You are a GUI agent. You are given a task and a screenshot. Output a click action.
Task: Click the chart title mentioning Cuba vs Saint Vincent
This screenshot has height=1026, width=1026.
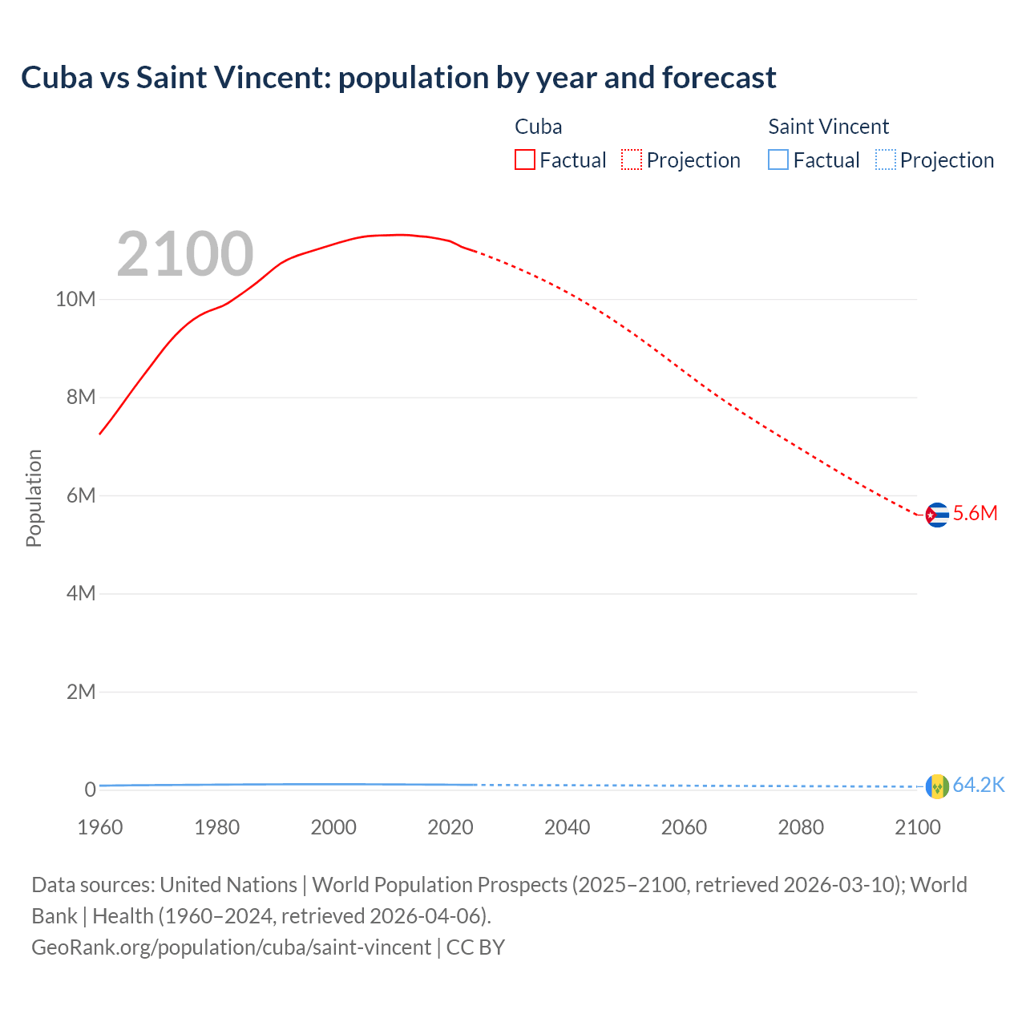coord(398,78)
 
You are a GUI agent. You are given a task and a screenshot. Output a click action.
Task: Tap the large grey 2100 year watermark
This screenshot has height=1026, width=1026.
coord(185,254)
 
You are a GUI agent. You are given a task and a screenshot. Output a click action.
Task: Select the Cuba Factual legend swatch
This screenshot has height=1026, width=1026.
coord(524,160)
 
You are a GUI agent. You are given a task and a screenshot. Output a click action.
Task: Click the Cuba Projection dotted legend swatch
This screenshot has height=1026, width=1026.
coord(632,160)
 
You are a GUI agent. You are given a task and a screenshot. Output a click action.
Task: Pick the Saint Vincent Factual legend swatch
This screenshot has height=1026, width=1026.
coord(778,160)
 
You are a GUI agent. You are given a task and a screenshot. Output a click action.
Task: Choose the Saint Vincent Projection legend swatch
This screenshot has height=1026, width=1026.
coord(885,160)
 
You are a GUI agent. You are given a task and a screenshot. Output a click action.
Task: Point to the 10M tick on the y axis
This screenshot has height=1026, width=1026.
coord(75,299)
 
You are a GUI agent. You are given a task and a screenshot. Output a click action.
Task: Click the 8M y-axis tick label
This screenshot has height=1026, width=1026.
coord(80,398)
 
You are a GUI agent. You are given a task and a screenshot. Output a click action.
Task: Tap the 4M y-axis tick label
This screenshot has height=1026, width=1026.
coord(80,593)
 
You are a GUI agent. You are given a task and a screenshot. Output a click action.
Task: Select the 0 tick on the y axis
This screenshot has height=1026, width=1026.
coord(90,790)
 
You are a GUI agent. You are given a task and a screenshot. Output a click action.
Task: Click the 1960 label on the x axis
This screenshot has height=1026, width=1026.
coord(100,827)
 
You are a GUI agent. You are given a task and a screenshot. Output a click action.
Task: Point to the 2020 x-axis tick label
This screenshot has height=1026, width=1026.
coord(450,827)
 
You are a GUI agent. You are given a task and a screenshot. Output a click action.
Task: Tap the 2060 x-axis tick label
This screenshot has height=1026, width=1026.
coord(684,827)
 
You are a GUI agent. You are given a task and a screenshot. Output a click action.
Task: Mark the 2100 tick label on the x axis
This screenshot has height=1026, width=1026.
coord(917,827)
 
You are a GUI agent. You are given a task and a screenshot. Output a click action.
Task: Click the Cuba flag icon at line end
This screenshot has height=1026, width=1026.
coord(936,515)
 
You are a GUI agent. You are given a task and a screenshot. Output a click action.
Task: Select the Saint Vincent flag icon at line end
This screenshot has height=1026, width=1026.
coord(936,786)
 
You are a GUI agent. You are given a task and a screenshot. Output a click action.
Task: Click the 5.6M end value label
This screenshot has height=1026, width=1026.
coord(975,514)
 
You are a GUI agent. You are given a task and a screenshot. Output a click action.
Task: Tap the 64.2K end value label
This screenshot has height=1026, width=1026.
coord(979,786)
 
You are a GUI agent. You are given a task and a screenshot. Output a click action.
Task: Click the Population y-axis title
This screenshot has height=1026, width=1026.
coord(34,498)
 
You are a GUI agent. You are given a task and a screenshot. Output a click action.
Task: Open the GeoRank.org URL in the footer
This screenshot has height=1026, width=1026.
coord(231,947)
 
